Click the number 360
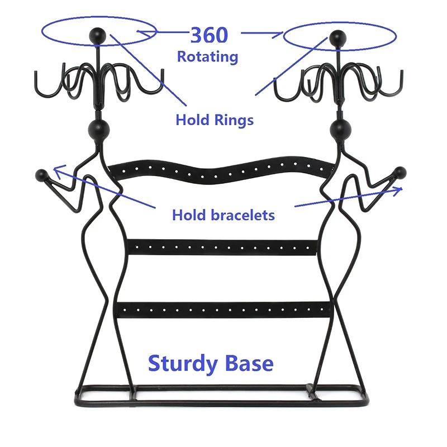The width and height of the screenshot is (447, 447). (209, 35)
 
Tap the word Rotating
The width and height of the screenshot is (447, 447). (207, 56)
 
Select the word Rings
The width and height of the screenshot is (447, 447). (234, 120)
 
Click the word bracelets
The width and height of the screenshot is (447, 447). (243, 215)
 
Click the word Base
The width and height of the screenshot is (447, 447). (249, 363)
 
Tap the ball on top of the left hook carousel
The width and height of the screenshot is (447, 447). (97, 36)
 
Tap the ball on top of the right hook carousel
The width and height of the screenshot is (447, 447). (338, 38)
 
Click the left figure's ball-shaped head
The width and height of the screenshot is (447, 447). (99, 130)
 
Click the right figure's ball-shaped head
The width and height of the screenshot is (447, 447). (340, 130)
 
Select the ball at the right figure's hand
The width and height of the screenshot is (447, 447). (400, 173)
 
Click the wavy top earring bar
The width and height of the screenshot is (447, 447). (221, 171)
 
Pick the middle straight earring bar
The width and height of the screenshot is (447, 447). (222, 248)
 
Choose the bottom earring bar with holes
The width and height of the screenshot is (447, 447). (224, 310)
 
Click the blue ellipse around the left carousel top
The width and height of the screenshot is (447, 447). (99, 17)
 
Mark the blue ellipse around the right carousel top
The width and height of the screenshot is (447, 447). (339, 23)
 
